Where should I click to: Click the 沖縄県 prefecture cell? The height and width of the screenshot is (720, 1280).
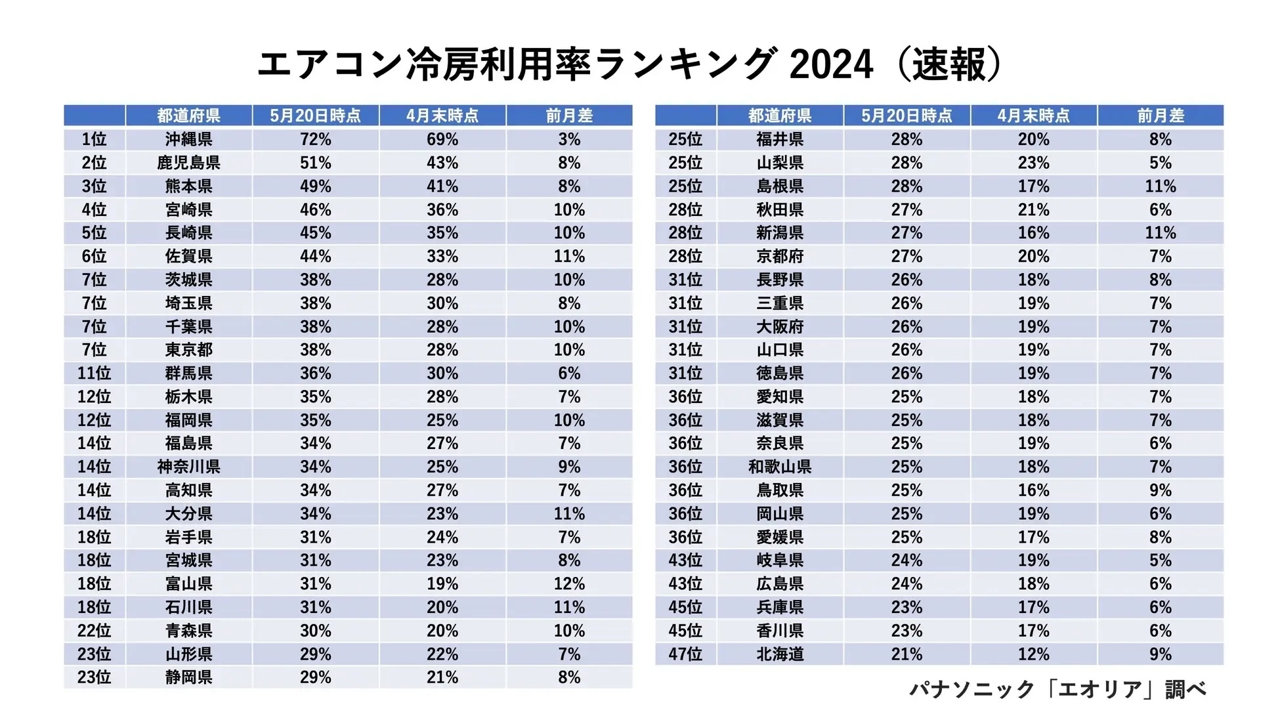[x=188, y=139]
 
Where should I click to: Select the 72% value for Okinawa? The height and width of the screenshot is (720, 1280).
[x=315, y=139]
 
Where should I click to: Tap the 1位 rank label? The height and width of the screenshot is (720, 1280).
[x=94, y=139]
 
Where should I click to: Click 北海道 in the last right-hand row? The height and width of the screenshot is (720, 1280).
[x=780, y=654]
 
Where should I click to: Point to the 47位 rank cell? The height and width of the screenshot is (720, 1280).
[x=685, y=654]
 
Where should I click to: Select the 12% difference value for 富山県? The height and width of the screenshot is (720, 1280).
[x=568, y=583]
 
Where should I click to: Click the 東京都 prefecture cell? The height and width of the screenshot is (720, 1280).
[x=188, y=350]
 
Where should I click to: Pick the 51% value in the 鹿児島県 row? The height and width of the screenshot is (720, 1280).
[x=315, y=163]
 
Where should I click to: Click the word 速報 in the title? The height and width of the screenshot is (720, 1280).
[x=949, y=64]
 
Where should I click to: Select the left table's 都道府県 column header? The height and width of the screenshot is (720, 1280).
[x=188, y=116]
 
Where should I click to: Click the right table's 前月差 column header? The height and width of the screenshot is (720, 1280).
[x=1160, y=116]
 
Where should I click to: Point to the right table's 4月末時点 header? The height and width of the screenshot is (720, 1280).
[x=1033, y=116]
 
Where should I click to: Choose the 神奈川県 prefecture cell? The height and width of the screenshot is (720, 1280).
[x=188, y=467]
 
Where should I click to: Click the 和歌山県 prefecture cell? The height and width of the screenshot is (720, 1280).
[x=780, y=467]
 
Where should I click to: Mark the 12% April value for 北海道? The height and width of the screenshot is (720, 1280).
[x=1033, y=654]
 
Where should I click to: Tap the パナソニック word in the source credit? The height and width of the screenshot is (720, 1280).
[x=971, y=689]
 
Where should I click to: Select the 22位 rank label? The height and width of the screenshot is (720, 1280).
[x=94, y=630]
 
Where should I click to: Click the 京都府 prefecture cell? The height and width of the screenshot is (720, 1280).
[x=780, y=256]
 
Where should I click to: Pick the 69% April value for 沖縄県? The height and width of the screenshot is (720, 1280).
[x=442, y=139]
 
